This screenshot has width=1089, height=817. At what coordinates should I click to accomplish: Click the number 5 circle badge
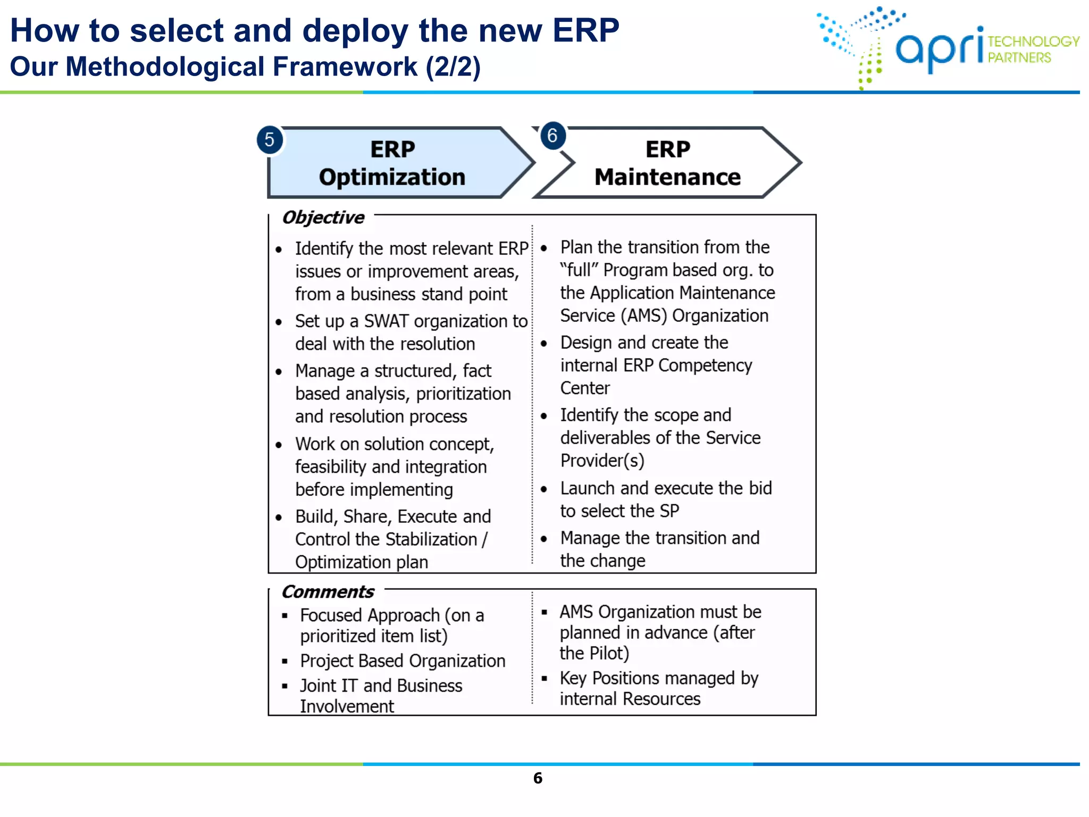[x=270, y=140]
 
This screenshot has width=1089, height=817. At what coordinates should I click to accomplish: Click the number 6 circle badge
[x=552, y=136]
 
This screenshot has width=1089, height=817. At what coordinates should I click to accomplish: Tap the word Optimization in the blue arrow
[x=392, y=177]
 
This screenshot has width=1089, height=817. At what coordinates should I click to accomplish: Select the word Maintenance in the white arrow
[x=667, y=177]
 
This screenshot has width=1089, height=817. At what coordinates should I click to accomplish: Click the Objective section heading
[x=323, y=218]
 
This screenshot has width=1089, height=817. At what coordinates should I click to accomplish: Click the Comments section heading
[x=328, y=592]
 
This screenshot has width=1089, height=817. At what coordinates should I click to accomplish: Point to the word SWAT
[x=386, y=321]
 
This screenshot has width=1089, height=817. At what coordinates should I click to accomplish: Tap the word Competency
[x=705, y=365]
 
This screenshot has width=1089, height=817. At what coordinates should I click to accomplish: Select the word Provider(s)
[x=602, y=461]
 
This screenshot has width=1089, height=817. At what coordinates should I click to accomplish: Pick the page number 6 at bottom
[x=538, y=778]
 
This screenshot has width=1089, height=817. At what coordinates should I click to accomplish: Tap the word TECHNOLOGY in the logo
[x=1033, y=41]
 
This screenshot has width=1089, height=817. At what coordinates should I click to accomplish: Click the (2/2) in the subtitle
[x=453, y=67]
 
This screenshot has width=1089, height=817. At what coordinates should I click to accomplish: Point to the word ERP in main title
[x=585, y=30]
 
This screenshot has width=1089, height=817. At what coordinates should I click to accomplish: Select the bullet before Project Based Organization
[x=285, y=662]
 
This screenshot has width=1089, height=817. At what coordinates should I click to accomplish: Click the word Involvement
[x=347, y=706]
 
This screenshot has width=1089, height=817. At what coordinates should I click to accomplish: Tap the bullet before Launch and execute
[x=544, y=489]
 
